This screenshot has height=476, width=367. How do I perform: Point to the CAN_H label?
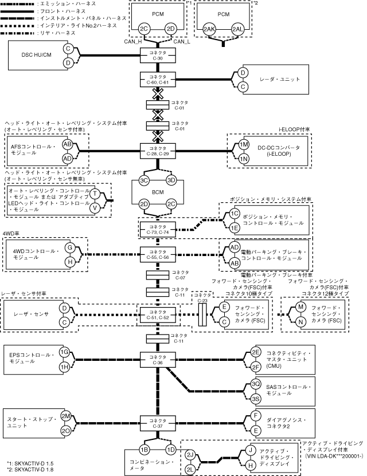[134, 41]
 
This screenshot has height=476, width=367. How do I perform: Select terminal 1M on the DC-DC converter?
[243, 144]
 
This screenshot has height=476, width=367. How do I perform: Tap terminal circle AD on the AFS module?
[68, 158]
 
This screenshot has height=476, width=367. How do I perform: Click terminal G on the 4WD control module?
[69, 247]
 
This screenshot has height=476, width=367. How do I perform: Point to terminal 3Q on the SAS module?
[256, 384]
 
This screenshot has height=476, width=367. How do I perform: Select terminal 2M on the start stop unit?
[66, 415]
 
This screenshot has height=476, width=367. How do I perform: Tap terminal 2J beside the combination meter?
[190, 455]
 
